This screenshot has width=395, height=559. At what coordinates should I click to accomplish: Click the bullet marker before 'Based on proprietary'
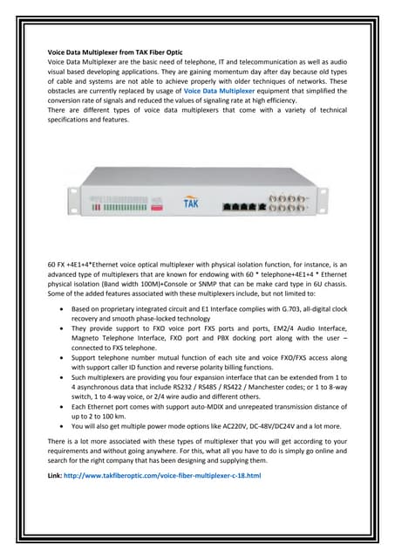point(58,310)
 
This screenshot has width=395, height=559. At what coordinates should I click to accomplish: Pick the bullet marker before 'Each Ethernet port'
point(58,407)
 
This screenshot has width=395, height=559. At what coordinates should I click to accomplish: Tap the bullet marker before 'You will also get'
point(58,427)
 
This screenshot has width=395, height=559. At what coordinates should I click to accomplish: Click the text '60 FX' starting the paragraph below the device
point(57,263)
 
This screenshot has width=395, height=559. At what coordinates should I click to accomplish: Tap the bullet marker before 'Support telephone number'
point(58,359)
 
